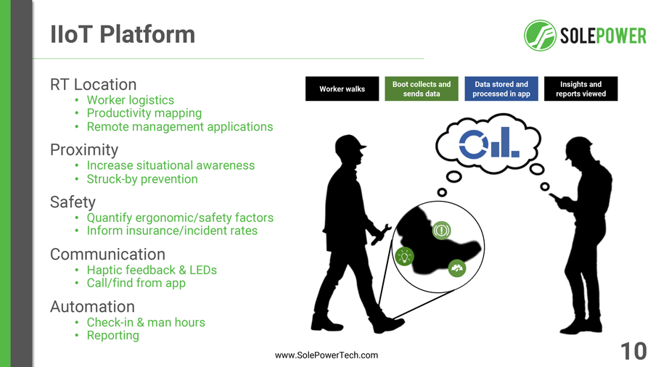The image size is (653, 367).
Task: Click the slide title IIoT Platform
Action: click(x=123, y=34)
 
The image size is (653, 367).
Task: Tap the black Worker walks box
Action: click(x=342, y=88)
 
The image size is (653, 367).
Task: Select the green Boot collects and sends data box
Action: click(x=422, y=88)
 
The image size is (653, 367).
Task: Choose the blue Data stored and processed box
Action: click(x=501, y=88)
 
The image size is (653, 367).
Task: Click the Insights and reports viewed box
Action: click(x=580, y=88)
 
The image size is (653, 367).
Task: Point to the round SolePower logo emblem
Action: click(x=540, y=36)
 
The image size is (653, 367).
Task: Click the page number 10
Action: click(x=633, y=351)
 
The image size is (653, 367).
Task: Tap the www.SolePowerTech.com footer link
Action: click(x=326, y=355)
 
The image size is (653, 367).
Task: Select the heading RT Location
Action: click(x=94, y=84)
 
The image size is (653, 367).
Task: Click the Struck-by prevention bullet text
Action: click(x=142, y=179)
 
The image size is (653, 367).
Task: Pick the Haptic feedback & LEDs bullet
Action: click(x=152, y=270)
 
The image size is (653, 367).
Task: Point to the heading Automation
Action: click(x=92, y=307)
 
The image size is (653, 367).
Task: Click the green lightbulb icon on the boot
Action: click(x=404, y=256)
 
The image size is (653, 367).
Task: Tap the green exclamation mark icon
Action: click(x=441, y=230)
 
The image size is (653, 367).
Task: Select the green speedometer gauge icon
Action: click(x=457, y=268)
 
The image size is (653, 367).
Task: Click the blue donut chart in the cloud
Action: click(x=474, y=144)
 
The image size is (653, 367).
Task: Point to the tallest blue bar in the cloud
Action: click(x=505, y=142)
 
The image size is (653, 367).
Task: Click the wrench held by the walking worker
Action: click(x=381, y=234)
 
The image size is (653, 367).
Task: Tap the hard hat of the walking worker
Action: click(x=349, y=144)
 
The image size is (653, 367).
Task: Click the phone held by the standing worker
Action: click(x=555, y=197)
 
